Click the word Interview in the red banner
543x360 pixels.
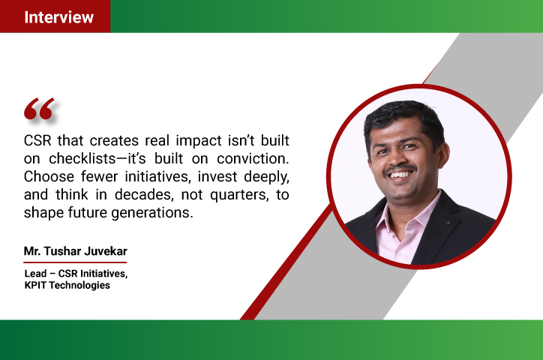[58, 17]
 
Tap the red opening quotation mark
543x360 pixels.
[39, 109]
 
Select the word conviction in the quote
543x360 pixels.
[253, 158]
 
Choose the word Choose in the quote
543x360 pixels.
[49, 176]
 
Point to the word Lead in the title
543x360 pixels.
[35, 274]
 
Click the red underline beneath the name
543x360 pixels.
[75, 262]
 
